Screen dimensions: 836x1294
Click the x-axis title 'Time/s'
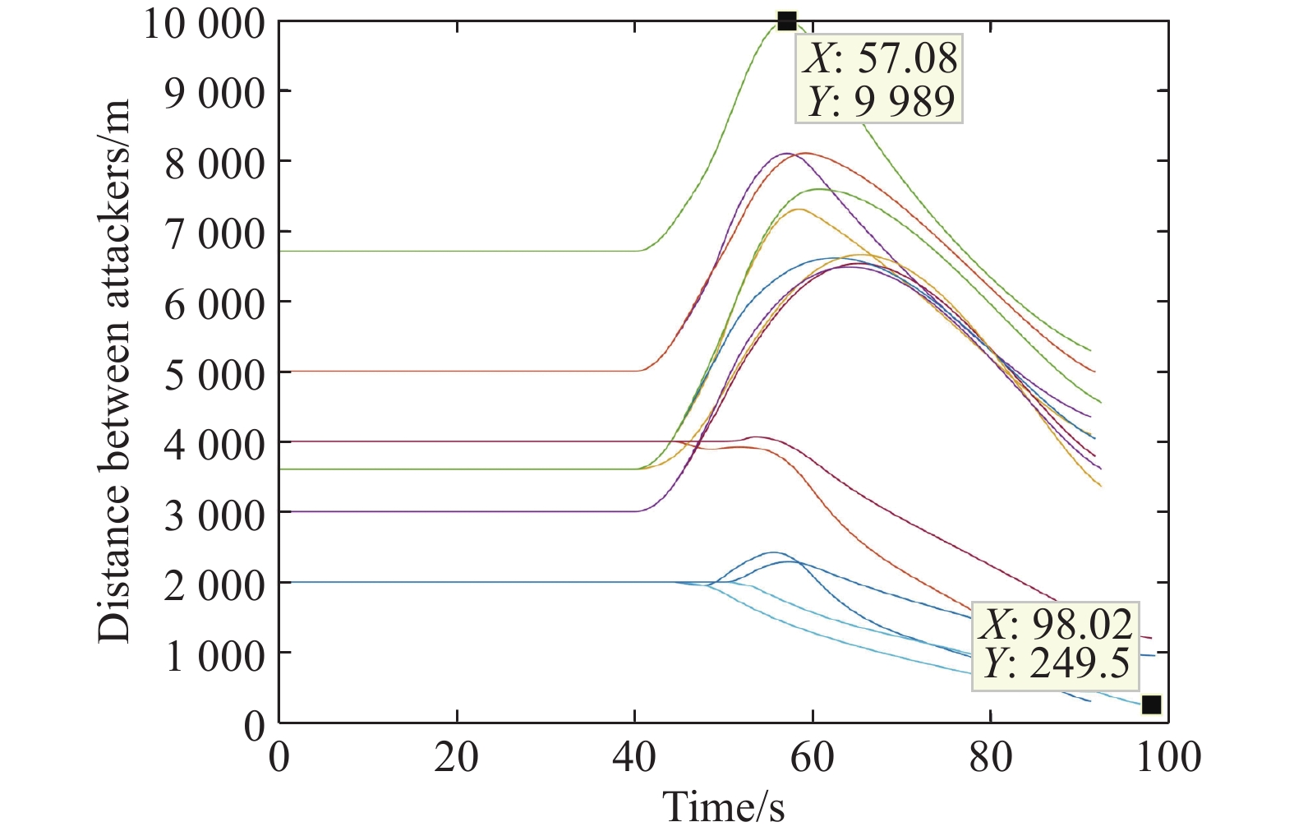tap(723, 806)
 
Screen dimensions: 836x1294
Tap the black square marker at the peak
tap(787, 21)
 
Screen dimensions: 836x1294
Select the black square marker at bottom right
tap(1151, 704)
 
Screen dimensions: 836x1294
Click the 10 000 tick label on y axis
tap(205, 23)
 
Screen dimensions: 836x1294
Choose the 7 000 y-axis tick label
tap(215, 234)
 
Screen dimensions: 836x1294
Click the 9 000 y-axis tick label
tap(215, 94)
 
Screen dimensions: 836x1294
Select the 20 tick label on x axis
tap(456, 756)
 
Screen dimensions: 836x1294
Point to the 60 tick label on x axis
tap(812, 756)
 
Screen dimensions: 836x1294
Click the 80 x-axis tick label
tap(990, 756)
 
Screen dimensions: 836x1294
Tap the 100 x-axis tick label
tap(1167, 756)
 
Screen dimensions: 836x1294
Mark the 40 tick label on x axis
tap(634, 756)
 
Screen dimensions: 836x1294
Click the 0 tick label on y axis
tap(255, 725)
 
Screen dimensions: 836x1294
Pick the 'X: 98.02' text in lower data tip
tap(1056, 625)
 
